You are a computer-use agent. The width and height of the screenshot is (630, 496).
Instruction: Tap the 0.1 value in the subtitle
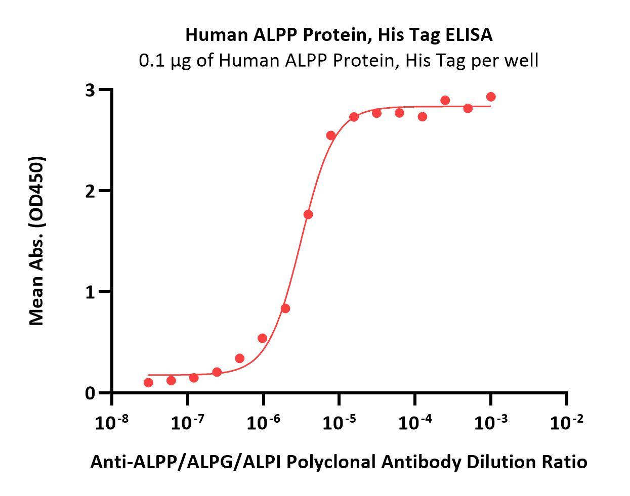[151, 61]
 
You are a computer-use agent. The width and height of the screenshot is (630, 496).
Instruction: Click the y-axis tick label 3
[90, 90]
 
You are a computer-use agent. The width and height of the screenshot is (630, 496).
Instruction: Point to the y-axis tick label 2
[90, 191]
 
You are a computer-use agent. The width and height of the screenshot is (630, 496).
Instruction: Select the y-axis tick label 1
[90, 292]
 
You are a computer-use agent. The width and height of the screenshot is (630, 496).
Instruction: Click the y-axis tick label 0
[90, 393]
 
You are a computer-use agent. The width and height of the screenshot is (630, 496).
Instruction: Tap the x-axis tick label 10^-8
[111, 422]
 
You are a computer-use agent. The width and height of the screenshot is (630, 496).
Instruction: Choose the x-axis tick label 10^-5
[339, 422]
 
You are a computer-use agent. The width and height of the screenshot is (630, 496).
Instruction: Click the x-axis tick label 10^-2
[566, 422]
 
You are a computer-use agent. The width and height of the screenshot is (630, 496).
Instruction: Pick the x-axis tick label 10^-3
[490, 422]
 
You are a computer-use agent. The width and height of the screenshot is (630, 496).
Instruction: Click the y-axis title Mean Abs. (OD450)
[36, 241]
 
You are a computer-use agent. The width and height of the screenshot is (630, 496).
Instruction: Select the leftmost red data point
[148, 382]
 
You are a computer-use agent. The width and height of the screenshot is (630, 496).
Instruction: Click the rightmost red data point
[490, 97]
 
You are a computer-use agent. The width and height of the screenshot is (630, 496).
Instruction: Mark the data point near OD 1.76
[308, 214]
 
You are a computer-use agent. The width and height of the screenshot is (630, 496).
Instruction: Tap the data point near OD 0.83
[285, 308]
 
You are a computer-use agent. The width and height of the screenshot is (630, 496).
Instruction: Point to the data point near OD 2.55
[331, 136]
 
